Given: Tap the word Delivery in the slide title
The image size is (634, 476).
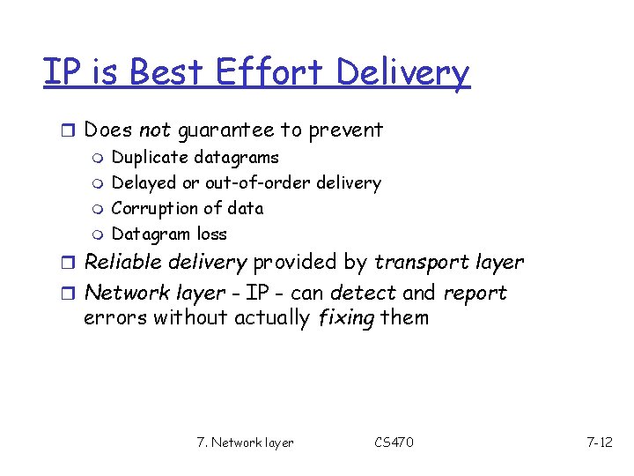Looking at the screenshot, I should [x=411, y=74].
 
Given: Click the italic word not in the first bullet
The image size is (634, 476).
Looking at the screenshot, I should [x=154, y=130].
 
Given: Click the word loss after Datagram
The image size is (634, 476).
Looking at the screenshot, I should [x=212, y=234].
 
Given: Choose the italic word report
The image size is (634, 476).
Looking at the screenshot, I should [x=475, y=294].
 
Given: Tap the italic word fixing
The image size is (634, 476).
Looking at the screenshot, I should [x=344, y=317].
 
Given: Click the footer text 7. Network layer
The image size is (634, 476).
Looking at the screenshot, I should [x=246, y=442].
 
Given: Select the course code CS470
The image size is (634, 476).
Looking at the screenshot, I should [x=393, y=442].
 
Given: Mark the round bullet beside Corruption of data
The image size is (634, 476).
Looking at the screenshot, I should [x=98, y=209].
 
